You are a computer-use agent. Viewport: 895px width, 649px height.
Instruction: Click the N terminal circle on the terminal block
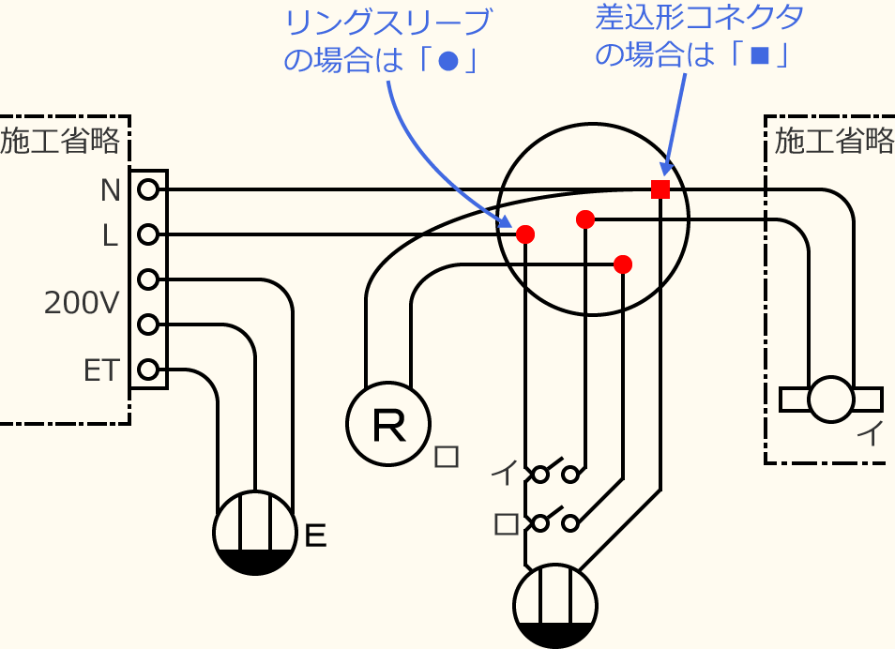147,190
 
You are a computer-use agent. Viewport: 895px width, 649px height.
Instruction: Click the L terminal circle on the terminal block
147,234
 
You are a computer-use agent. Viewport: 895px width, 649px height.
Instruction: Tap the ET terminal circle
147,370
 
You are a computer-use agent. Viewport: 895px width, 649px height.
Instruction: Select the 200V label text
82,302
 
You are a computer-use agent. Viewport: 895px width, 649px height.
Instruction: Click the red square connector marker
660,189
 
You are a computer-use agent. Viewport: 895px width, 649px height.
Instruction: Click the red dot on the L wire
525,234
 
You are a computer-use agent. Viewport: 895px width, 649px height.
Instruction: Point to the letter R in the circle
388,425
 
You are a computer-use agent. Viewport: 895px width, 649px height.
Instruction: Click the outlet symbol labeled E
255,533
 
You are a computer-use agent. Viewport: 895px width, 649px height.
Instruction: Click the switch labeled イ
554,473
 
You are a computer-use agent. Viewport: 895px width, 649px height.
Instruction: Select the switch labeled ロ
554,521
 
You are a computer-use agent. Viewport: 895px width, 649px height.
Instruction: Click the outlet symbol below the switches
555,605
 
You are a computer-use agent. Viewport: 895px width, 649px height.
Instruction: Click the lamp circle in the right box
831,399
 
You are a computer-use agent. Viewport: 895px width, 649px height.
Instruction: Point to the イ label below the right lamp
871,434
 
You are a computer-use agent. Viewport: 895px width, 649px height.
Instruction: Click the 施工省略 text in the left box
61,142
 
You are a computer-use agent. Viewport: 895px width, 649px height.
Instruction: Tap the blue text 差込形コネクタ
700,16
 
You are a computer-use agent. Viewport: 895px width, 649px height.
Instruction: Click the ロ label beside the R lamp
447,457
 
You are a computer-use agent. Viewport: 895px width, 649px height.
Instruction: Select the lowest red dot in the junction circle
623,264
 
